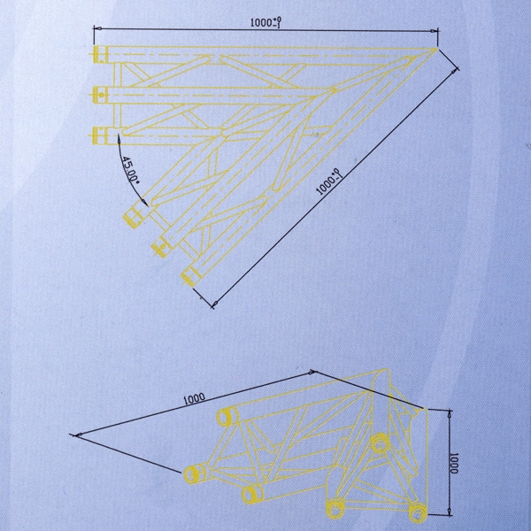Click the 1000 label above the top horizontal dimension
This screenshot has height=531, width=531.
click(x=266, y=22)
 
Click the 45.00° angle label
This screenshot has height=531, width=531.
click(x=130, y=170)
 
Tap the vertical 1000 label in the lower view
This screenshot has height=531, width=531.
click(x=453, y=463)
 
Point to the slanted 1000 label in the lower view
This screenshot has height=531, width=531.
click(x=194, y=398)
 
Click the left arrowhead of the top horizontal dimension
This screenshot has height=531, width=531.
click(x=98, y=29)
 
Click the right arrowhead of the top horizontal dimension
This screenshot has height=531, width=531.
click(x=434, y=31)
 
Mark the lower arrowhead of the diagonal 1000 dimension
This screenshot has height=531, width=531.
click(x=215, y=304)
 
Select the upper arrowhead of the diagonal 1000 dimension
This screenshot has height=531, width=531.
click(x=455, y=71)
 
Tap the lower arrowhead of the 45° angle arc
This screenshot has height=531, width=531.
click(x=145, y=202)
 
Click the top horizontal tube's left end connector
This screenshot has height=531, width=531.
click(x=100, y=54)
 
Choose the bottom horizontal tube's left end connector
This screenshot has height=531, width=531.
click(x=100, y=135)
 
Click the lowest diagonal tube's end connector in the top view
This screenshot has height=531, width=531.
click(x=189, y=274)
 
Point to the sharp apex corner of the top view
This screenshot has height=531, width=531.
click(x=437, y=49)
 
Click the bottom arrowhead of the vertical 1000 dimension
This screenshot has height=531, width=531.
click(x=450, y=512)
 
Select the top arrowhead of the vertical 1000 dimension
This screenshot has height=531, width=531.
click(x=450, y=414)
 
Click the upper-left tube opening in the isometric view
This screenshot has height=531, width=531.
click(x=226, y=417)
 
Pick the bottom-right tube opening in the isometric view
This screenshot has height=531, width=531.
click(x=419, y=512)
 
